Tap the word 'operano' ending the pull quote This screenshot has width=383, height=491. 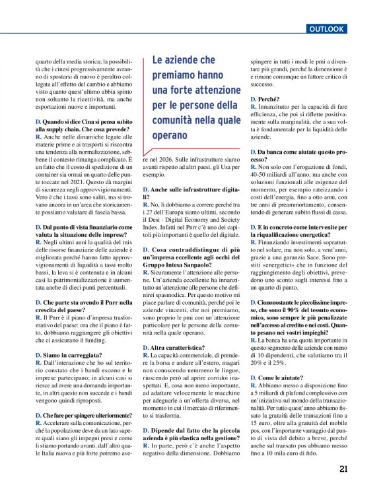171,135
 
